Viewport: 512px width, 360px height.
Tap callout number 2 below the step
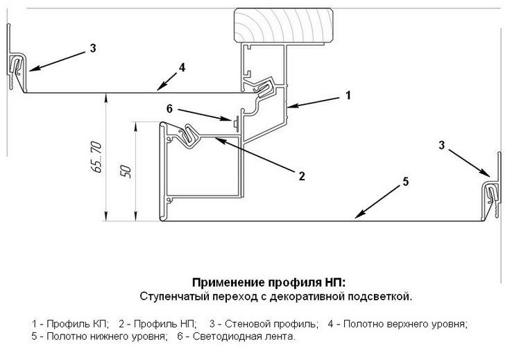(x=302, y=175)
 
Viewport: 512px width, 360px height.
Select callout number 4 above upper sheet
(x=181, y=68)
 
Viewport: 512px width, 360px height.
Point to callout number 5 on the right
(x=405, y=182)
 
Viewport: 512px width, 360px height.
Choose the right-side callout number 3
(x=441, y=145)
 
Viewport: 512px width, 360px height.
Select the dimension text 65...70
(x=96, y=157)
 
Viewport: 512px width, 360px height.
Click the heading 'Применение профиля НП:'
(x=268, y=283)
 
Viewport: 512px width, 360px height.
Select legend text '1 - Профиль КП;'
(x=71, y=324)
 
